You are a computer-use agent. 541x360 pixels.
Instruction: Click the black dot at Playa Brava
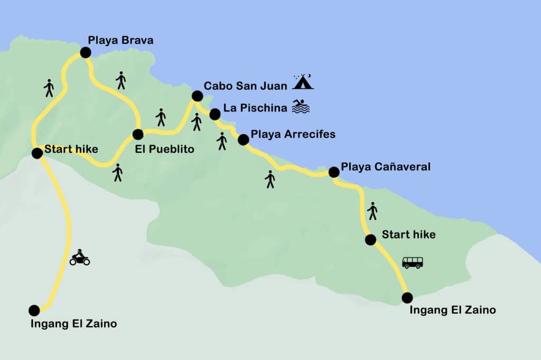pyautogui.click(x=85, y=52)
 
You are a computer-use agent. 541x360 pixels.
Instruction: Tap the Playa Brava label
pyautogui.click(x=120, y=40)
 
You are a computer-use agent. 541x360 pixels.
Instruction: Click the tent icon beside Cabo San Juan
pyautogui.click(x=304, y=82)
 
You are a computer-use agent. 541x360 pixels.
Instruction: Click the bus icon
pyautogui.click(x=412, y=262)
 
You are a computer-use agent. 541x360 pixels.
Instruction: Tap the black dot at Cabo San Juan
pyautogui.click(x=197, y=96)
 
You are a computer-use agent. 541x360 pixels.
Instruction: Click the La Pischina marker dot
pyautogui.click(x=214, y=114)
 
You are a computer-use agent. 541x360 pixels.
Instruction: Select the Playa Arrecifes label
pyautogui.click(x=293, y=134)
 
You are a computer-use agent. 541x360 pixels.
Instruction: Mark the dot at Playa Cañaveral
pyautogui.click(x=334, y=172)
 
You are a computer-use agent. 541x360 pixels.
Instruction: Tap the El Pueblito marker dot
pyautogui.click(x=138, y=134)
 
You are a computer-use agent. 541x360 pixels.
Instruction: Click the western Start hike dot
pyautogui.click(x=37, y=153)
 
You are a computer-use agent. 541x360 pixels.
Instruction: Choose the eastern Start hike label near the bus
pyautogui.click(x=408, y=234)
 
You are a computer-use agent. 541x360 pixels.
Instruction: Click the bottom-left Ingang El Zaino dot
pyautogui.click(x=34, y=310)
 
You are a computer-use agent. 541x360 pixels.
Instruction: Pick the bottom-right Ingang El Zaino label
pyautogui.click(x=453, y=310)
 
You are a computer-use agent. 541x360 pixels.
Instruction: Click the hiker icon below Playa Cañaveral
pyautogui.click(x=372, y=211)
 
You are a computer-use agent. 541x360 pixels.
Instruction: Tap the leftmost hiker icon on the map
pyautogui.click(x=49, y=88)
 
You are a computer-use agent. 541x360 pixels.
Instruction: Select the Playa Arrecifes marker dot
pyautogui.click(x=243, y=140)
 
